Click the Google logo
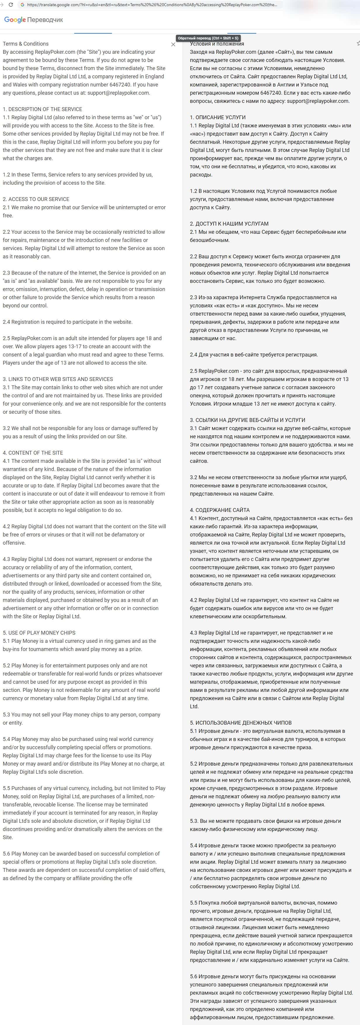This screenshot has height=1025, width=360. [15, 20]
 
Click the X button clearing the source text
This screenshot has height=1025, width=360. [173, 45]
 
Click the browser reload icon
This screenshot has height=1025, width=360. [10, 5]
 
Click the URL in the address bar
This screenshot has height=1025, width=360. [151, 5]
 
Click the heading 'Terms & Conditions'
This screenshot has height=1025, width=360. [25, 44]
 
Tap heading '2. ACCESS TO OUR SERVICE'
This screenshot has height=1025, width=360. [36, 199]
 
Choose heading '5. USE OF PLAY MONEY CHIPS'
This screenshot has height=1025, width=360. [39, 633]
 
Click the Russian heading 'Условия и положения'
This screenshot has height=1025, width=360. [217, 44]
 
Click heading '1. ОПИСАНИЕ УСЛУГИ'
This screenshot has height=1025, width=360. [218, 117]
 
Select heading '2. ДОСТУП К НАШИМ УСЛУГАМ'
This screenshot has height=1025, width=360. [229, 224]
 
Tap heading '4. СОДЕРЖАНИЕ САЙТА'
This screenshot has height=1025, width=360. [219, 510]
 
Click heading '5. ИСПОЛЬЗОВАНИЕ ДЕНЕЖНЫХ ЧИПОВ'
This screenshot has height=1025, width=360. [241, 723]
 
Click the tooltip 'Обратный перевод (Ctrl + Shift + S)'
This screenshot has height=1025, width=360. [208, 38]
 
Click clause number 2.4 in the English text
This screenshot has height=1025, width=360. [6, 322]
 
